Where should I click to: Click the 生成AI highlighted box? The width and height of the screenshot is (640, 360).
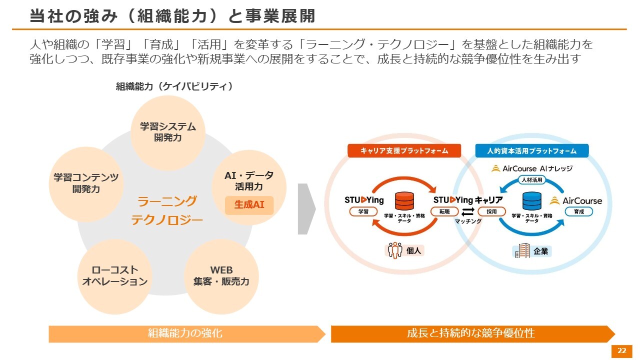[x=249, y=205]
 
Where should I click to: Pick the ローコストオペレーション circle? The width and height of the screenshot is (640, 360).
[x=114, y=276]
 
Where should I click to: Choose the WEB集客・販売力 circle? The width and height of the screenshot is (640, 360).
[x=221, y=276]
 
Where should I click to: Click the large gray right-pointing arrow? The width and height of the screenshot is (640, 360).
[x=306, y=208]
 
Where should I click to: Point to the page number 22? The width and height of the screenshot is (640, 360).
[x=621, y=351]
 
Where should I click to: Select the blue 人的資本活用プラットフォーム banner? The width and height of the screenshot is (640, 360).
[x=531, y=150]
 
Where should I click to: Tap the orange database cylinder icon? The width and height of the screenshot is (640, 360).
[x=404, y=201]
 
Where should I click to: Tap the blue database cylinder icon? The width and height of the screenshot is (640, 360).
[x=531, y=201]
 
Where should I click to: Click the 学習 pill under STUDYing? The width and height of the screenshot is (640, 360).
[x=363, y=212]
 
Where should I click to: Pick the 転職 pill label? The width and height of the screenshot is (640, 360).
[x=444, y=212]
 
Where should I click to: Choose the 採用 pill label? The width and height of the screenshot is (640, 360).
[x=491, y=212]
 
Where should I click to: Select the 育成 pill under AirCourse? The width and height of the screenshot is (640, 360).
[x=578, y=212]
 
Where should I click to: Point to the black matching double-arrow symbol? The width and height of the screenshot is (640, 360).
[x=468, y=211]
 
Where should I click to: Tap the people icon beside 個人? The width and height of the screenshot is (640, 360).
[x=395, y=250]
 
